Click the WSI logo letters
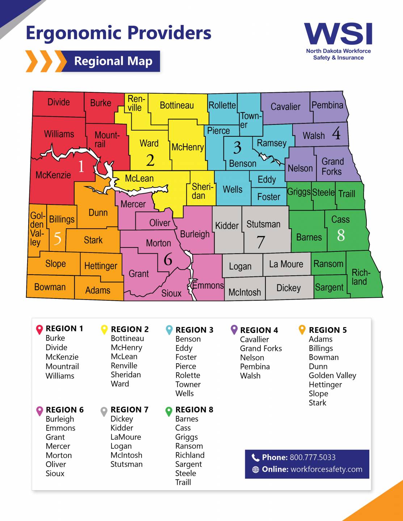338,34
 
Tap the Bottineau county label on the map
177,105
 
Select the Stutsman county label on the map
263,224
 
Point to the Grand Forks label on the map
332,166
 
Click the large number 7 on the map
261,242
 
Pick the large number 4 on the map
336,134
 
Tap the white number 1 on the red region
81,166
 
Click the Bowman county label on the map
50,287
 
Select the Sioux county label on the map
171,293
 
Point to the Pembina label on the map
327,105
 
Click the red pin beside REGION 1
39,330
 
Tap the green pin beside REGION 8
169,411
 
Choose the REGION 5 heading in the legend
328,330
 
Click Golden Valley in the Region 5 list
332,376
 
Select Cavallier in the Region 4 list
255,339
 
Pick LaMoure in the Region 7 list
126,437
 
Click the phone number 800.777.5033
312,457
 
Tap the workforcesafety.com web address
326,469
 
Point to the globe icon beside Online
256,470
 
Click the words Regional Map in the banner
113,61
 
